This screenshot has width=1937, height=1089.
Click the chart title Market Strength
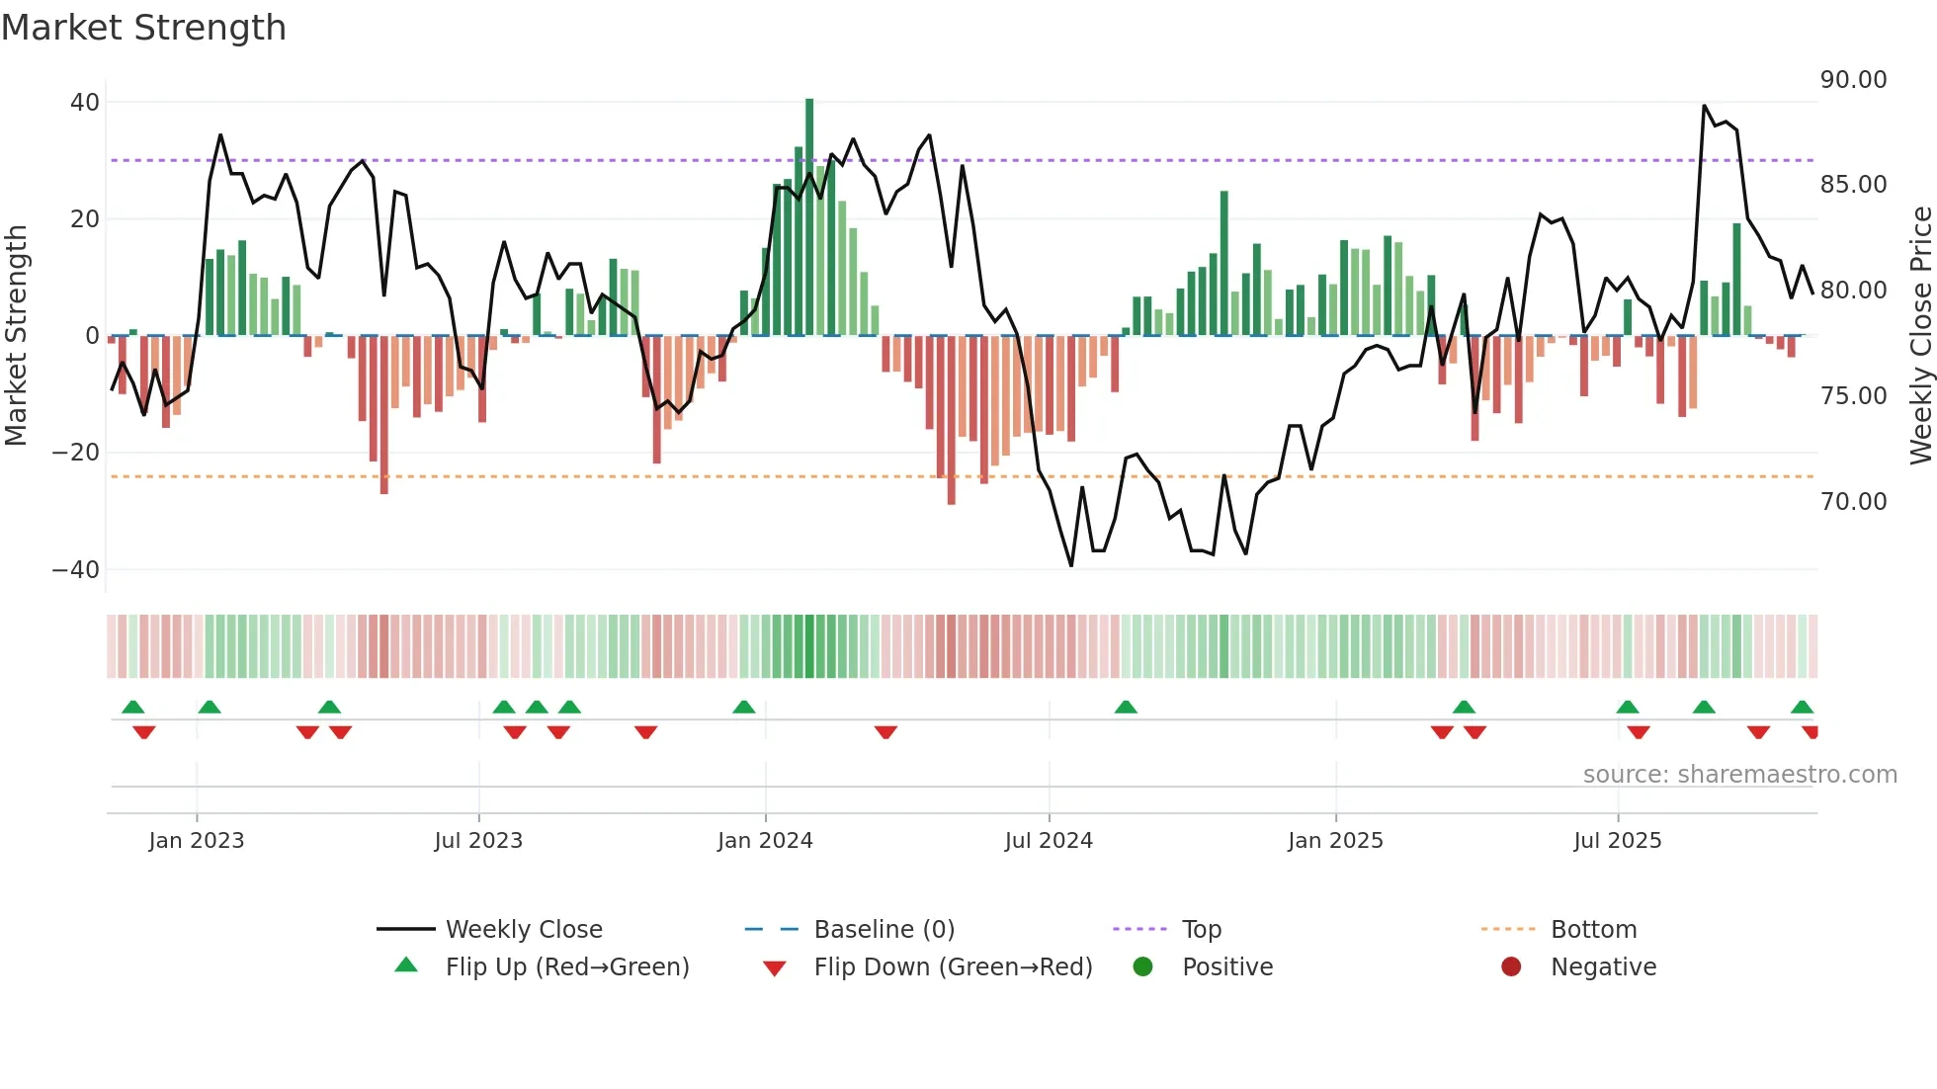point(143,28)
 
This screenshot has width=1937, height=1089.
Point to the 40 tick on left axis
point(85,103)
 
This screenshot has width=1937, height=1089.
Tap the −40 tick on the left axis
point(76,570)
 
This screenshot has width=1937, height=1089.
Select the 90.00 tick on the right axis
point(1853,80)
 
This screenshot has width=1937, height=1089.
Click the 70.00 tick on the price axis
point(1853,502)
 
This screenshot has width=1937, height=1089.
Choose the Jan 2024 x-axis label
point(765,841)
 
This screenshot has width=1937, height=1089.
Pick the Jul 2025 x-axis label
point(1617,841)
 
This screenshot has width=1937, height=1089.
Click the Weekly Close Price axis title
point(1920,336)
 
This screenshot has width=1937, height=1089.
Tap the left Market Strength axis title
point(16,336)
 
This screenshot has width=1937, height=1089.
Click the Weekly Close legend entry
point(523,930)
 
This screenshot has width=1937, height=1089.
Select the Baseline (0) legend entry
point(884,930)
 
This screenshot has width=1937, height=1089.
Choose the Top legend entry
point(1201,930)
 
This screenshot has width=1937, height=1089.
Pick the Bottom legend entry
point(1593,930)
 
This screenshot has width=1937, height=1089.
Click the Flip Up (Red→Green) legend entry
point(566,967)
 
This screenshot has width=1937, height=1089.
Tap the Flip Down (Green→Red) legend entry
point(953,967)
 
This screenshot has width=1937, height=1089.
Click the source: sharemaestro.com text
point(1739,775)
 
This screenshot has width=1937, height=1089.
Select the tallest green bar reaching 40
point(809,217)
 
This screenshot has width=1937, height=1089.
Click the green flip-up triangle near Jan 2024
point(744,707)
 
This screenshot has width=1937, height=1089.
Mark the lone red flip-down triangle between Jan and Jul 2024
point(885,732)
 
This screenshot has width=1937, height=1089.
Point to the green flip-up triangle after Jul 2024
point(1126,707)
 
